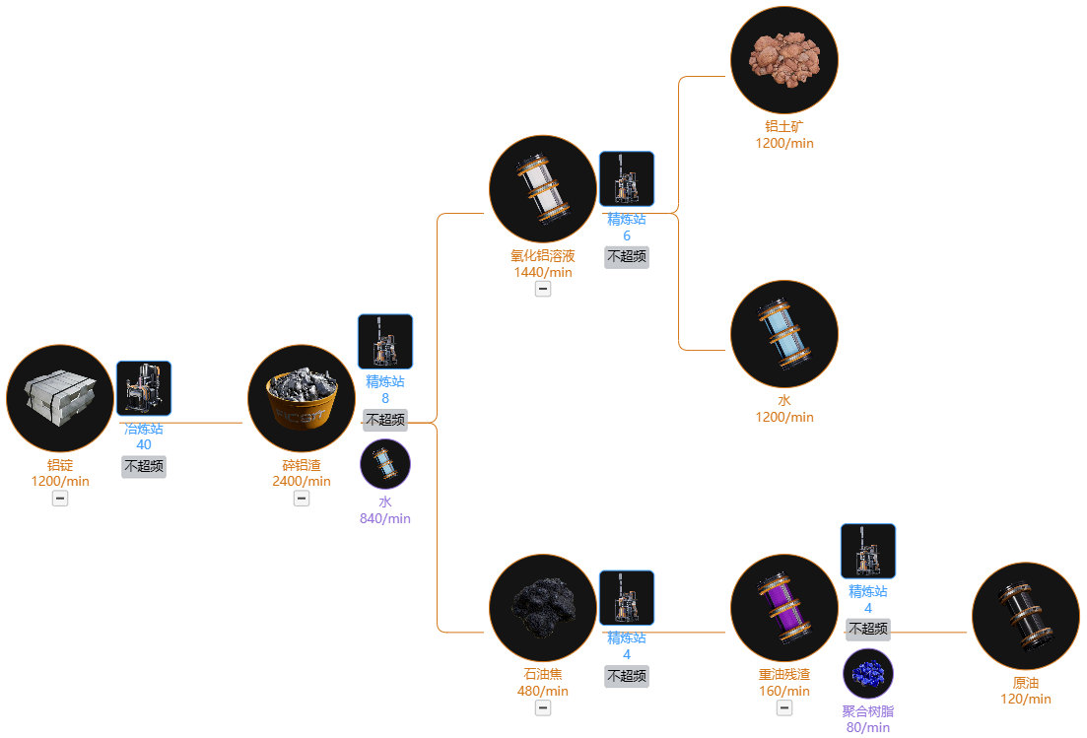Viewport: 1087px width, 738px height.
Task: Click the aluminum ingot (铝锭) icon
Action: pyautogui.click(x=60, y=398)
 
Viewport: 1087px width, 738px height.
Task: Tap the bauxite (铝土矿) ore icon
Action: pyautogui.click(x=784, y=60)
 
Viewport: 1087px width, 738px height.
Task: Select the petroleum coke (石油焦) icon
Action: pyautogui.click(x=543, y=608)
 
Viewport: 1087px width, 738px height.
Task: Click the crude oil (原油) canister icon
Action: pyautogui.click(x=1025, y=616)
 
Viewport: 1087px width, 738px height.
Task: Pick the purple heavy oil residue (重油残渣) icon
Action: pyautogui.click(x=784, y=608)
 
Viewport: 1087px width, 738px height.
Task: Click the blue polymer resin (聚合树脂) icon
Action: pyautogui.click(x=868, y=674)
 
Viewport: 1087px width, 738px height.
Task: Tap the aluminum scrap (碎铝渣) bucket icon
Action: pyautogui.click(x=302, y=398)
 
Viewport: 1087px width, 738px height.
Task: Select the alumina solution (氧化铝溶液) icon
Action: pyautogui.click(x=543, y=189)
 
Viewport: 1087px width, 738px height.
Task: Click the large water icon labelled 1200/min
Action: pyautogui.click(x=784, y=334)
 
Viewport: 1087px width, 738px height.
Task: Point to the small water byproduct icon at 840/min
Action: pyautogui.click(x=385, y=464)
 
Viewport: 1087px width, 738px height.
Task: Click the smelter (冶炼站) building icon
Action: pyautogui.click(x=144, y=388)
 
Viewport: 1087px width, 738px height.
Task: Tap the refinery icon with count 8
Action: pyautogui.click(x=385, y=342)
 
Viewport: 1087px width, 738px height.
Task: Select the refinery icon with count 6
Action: pyautogui.click(x=627, y=178)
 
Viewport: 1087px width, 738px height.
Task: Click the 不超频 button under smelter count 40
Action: pyautogui.click(x=144, y=466)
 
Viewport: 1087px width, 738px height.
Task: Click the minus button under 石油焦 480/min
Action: pyautogui.click(x=543, y=708)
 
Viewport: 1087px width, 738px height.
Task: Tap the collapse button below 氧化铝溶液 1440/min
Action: pyautogui.click(x=543, y=289)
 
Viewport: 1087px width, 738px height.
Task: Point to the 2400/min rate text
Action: pyautogui.click(x=302, y=481)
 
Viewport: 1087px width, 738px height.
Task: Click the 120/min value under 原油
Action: pyautogui.click(x=1025, y=699)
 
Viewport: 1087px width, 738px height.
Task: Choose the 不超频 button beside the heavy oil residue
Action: pyautogui.click(x=868, y=630)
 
